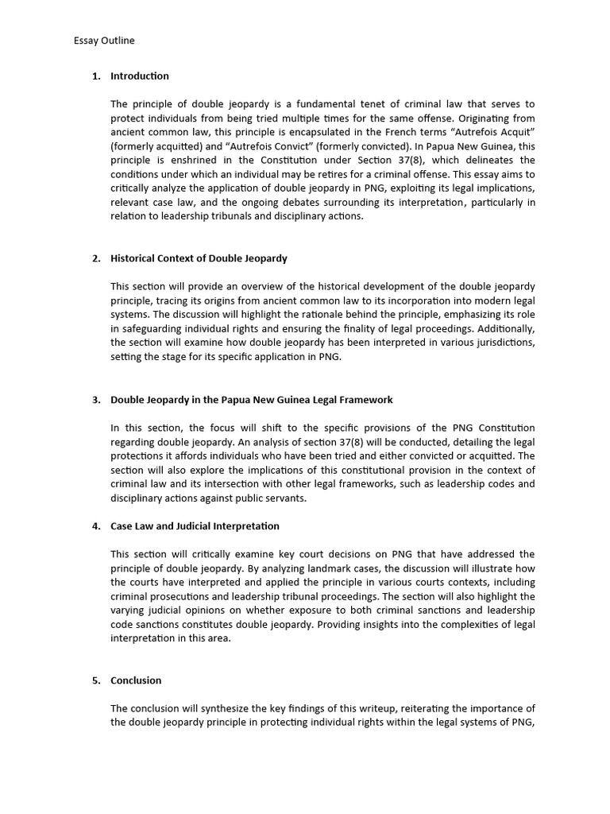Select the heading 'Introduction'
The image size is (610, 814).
click(140, 76)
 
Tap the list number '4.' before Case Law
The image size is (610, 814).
click(96, 526)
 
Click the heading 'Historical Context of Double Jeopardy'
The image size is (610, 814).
click(199, 258)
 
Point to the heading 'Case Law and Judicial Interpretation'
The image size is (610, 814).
click(195, 526)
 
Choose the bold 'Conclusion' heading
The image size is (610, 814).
click(136, 680)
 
